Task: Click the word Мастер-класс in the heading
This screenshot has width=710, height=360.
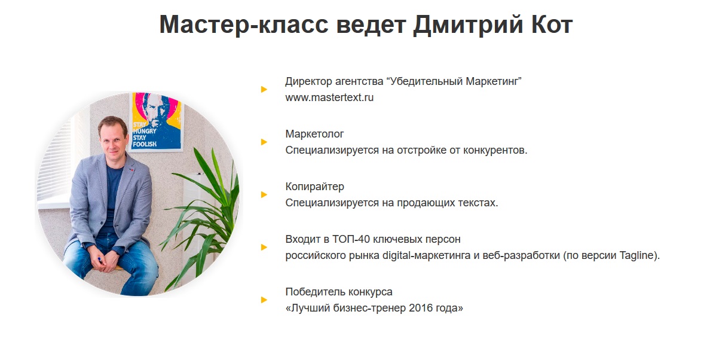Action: pyautogui.click(x=243, y=25)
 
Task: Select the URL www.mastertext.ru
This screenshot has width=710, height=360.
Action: pyautogui.click(x=329, y=97)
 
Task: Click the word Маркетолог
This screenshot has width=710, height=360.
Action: pyautogui.click(x=314, y=134)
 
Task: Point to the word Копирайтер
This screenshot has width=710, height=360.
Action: pyautogui.click(x=314, y=187)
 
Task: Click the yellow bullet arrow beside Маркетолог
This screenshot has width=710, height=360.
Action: pyautogui.click(x=264, y=142)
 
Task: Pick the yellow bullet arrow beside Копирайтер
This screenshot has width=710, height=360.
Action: pyautogui.click(x=264, y=195)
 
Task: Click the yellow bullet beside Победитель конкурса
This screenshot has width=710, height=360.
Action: pyautogui.click(x=264, y=300)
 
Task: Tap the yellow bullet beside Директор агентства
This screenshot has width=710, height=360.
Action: pyautogui.click(x=264, y=90)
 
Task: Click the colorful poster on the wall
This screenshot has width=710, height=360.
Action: pyautogui.click(x=157, y=121)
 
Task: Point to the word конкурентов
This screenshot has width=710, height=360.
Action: pyautogui.click(x=496, y=150)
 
